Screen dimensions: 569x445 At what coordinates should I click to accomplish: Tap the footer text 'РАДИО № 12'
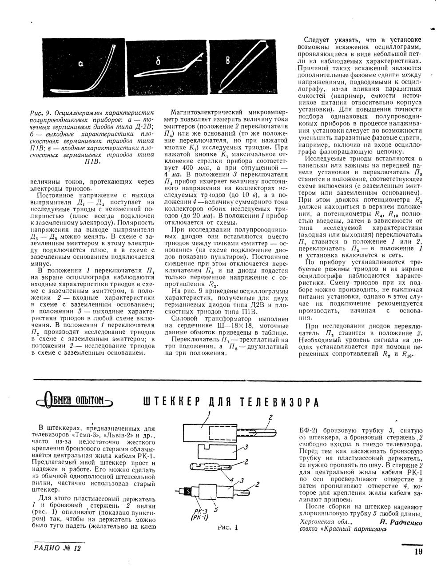[x=58, y=549]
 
